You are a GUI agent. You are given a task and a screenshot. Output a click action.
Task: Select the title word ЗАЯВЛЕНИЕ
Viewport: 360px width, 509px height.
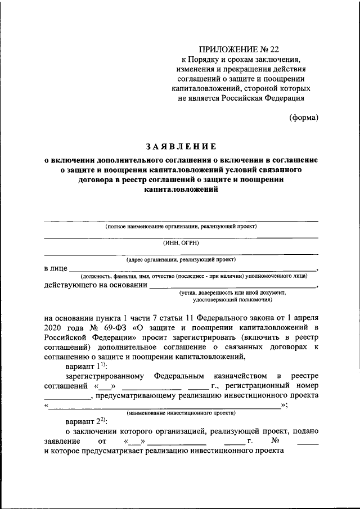pos(181,147)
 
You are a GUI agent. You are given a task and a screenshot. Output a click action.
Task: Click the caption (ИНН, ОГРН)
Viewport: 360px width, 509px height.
pos(181,243)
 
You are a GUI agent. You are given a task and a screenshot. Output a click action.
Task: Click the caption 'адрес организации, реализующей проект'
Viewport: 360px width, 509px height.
pos(181,260)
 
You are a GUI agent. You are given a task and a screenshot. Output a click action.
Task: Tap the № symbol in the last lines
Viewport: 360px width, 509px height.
pos(275,441)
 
